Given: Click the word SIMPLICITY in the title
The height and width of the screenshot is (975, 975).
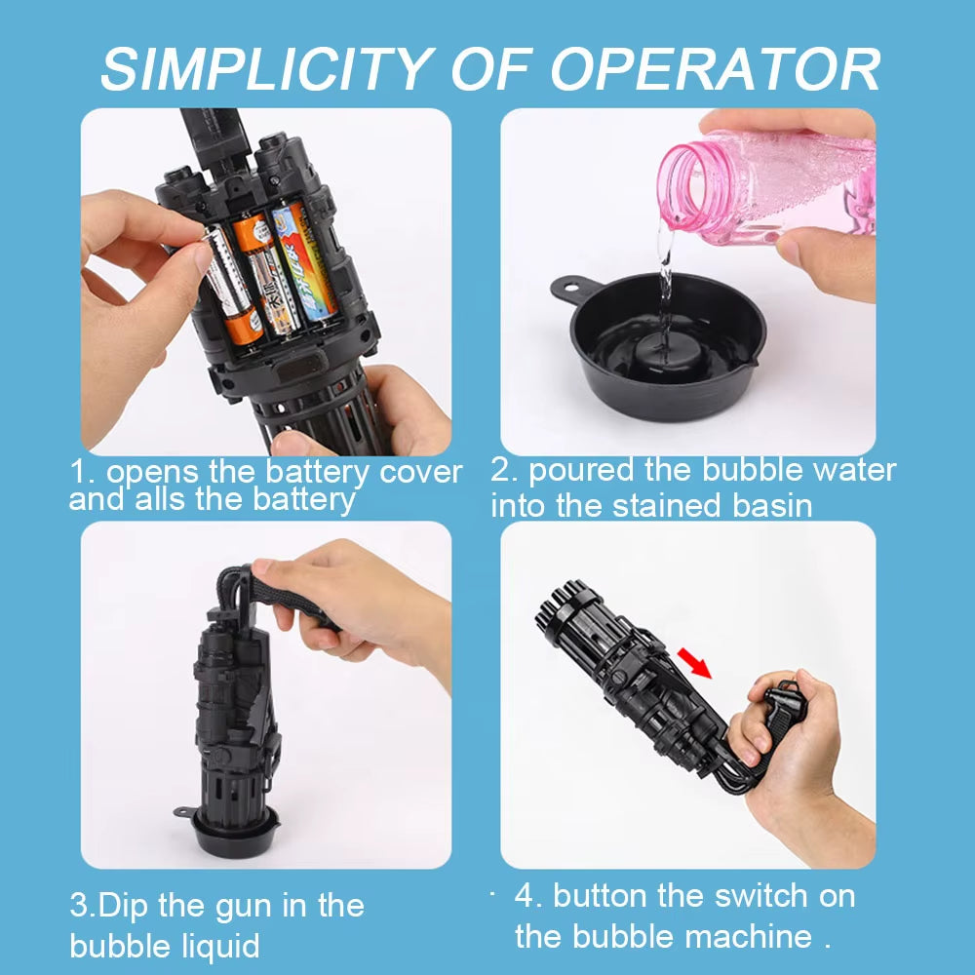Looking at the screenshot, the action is [267, 69].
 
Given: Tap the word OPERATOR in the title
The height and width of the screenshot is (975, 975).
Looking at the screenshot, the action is [715, 69].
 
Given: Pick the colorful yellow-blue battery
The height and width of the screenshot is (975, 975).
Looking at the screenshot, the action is [304, 261].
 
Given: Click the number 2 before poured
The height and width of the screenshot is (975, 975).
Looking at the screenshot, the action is [499, 471].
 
